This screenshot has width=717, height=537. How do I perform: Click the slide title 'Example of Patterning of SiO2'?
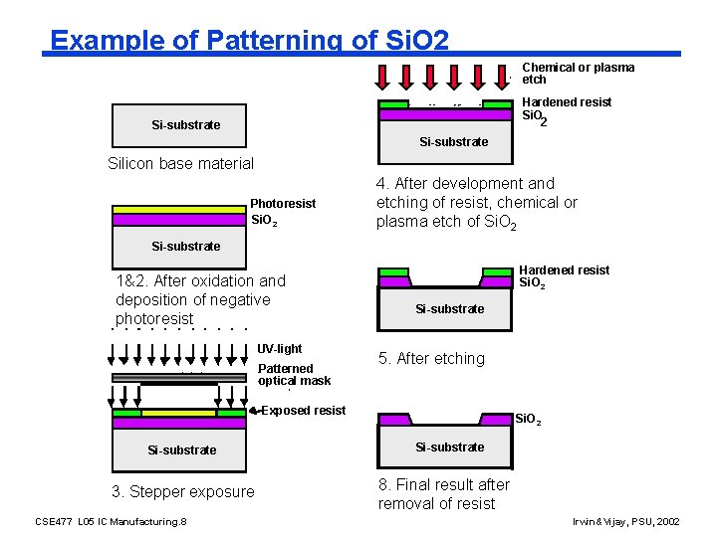(x=250, y=40)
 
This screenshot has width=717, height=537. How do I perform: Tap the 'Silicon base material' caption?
(x=180, y=163)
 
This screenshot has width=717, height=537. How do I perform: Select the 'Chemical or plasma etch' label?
(x=578, y=74)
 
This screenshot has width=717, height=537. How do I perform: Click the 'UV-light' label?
(x=279, y=349)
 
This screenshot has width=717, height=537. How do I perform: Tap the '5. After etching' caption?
(x=430, y=358)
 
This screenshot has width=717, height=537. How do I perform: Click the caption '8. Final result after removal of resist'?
(x=443, y=493)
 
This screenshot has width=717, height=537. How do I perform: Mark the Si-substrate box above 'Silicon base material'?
(x=185, y=124)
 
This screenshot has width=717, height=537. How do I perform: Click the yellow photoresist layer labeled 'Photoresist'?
(x=179, y=210)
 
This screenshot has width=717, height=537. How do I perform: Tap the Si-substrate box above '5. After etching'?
(x=449, y=308)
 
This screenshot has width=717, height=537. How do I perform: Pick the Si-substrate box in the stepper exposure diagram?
(x=181, y=449)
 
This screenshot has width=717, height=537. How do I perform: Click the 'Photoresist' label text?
(x=283, y=204)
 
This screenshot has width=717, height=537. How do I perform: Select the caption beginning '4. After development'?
(x=476, y=203)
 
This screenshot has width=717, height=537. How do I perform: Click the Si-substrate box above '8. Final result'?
(x=449, y=447)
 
